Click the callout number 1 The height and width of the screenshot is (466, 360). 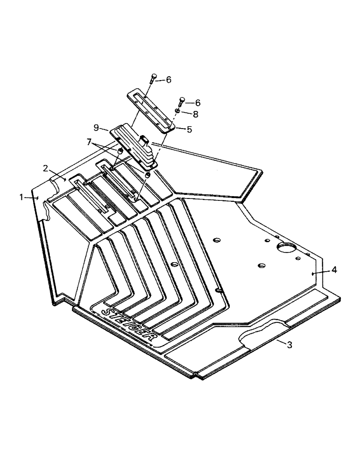21,197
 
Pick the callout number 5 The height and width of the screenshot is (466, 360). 189,130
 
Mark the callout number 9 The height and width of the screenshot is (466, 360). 96,127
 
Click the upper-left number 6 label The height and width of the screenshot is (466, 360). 168,80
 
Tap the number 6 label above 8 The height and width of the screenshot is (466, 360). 197,103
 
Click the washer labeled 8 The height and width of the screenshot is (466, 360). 179,111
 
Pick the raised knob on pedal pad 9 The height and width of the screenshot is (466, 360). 144,138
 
